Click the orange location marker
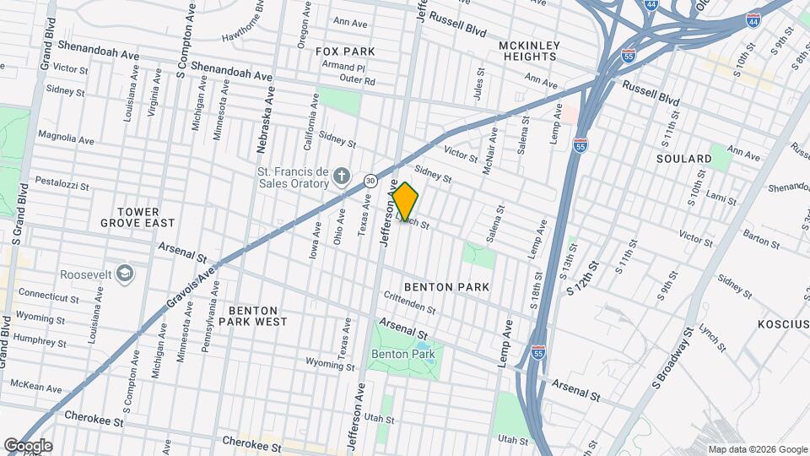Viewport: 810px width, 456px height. (405, 202)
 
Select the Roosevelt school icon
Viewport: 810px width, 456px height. (125, 274)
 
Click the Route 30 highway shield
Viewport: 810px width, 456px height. (370, 180)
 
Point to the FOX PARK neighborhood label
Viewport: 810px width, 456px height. (345, 52)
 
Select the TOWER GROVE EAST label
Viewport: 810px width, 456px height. (138, 217)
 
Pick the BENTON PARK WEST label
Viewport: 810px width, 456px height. (253, 315)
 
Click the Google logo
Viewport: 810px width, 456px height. (28, 445)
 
